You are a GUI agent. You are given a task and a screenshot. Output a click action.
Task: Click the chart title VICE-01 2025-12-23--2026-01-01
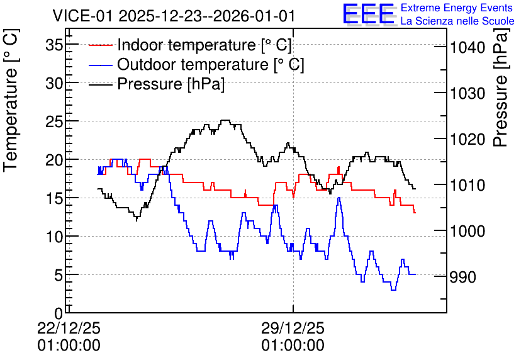coord(174,16)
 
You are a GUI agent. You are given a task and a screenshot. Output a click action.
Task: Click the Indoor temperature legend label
coord(204,45)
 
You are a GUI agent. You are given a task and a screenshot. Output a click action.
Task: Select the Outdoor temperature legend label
coord(211,64)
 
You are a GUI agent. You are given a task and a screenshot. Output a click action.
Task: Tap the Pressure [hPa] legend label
coord(171,84)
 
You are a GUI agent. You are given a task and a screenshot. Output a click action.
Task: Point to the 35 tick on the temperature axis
coord(54,45)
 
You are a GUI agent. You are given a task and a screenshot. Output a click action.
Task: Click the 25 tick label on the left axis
coord(54,122)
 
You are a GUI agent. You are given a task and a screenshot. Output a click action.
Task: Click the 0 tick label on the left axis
coord(59,313)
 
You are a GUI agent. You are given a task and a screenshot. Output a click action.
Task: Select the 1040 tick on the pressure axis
coord(467,48)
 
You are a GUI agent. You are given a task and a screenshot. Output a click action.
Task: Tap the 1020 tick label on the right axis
coord(467,140)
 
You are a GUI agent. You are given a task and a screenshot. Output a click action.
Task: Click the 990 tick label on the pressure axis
coord(463,277)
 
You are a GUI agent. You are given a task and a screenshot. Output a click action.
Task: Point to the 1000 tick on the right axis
coord(467,231)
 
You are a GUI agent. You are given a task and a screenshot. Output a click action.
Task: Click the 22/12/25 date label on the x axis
coord(69,328)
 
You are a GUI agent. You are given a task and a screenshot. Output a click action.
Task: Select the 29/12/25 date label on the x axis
coord(293,328)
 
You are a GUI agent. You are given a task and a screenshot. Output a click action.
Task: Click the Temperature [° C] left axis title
coord(11,100)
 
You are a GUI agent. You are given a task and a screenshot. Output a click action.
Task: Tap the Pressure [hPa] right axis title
coord(501,87)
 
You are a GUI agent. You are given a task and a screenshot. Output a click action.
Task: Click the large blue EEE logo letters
coord(368,14)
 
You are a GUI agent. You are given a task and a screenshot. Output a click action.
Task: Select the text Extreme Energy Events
coord(457,8)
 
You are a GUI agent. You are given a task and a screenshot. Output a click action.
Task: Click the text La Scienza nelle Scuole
coord(457,21)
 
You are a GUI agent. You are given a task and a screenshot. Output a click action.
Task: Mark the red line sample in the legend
coord(100,45)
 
